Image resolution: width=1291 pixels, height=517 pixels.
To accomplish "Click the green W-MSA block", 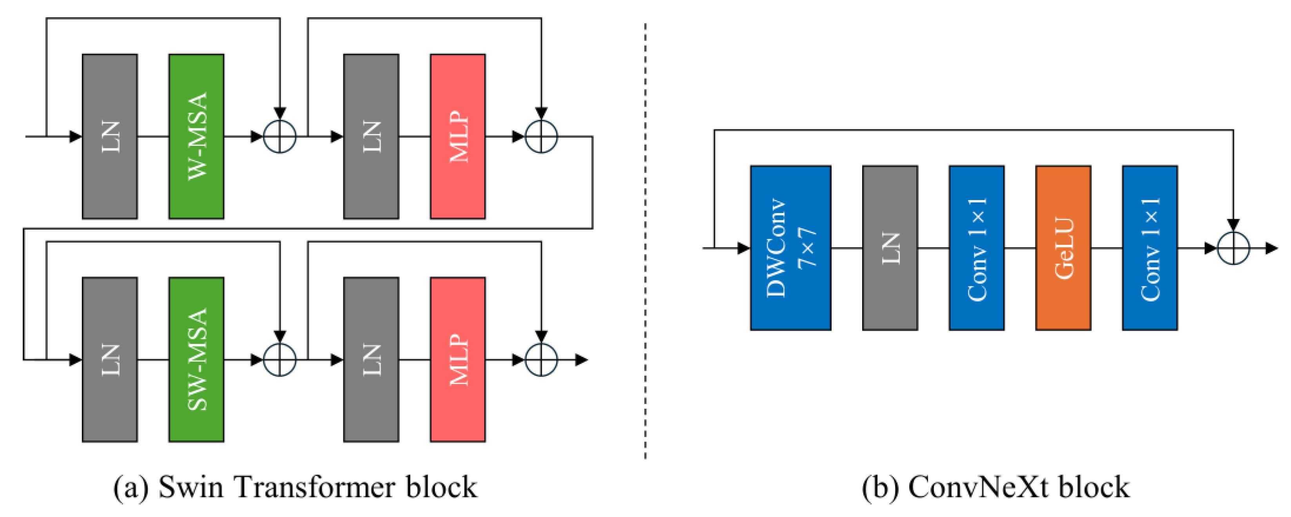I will [196, 137].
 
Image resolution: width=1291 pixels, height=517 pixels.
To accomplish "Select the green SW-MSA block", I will [196, 360].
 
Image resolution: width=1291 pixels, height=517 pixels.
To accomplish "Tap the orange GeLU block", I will [1063, 248].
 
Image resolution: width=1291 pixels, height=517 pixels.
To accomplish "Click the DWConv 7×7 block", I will [791, 248].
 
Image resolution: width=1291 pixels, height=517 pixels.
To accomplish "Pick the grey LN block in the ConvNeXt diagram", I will [890, 248].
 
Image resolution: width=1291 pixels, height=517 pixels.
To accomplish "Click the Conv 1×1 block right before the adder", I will [1150, 248].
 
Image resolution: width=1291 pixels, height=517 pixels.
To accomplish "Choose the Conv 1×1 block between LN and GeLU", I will [976, 248].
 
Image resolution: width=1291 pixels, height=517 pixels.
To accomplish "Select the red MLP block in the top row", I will [457, 137].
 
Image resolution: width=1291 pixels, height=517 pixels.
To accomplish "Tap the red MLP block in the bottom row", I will [457, 360].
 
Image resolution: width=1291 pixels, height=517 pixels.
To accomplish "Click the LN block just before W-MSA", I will [110, 137].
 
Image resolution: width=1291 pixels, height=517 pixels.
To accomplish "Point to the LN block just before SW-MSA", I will [110, 360].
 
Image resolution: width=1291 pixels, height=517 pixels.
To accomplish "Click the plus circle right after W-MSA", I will [280, 137].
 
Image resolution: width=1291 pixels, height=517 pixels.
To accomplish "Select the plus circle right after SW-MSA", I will [280, 360].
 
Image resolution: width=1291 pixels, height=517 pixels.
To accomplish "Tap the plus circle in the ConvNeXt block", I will [1233, 248].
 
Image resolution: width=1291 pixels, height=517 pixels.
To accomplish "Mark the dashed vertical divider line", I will [645, 241].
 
